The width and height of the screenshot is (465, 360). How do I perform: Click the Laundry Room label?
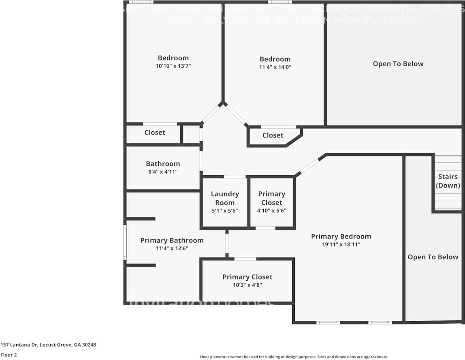pyautogui.click(x=225, y=198)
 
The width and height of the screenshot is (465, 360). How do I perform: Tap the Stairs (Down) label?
pyautogui.click(x=448, y=181)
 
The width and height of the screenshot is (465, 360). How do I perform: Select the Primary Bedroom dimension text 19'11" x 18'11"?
pyautogui.click(x=341, y=245)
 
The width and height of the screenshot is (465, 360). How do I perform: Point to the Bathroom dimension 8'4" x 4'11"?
pyautogui.click(x=163, y=172)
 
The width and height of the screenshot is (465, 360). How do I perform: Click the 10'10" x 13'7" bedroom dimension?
pyautogui.click(x=173, y=66)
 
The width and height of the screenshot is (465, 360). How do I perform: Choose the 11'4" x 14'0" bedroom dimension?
pyautogui.click(x=275, y=67)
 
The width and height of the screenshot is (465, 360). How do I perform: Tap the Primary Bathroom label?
pyautogui.click(x=172, y=240)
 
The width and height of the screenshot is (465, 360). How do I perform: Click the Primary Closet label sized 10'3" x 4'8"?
pyautogui.click(x=247, y=277)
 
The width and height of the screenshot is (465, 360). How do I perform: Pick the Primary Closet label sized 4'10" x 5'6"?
pyautogui.click(x=271, y=198)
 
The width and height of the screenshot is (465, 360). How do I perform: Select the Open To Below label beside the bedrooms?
pyautogui.click(x=398, y=64)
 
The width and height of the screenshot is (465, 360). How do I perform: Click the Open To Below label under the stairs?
pyautogui.click(x=433, y=257)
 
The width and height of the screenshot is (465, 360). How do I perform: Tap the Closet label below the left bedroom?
pyautogui.click(x=155, y=132)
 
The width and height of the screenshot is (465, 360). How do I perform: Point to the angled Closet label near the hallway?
pyautogui.click(x=273, y=135)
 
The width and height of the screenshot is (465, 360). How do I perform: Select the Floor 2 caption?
pyautogui.click(x=9, y=355)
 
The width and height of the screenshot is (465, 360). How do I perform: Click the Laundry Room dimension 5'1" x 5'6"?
pyautogui.click(x=224, y=211)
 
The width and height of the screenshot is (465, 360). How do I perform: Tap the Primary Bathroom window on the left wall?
pyautogui.click(x=125, y=242)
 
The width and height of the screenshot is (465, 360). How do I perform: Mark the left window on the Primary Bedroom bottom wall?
pyautogui.click(x=328, y=323)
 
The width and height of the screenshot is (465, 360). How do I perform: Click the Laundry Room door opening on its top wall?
pyautogui.click(x=235, y=177)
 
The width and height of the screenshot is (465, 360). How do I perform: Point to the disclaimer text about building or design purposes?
pyautogui.click(x=294, y=357)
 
